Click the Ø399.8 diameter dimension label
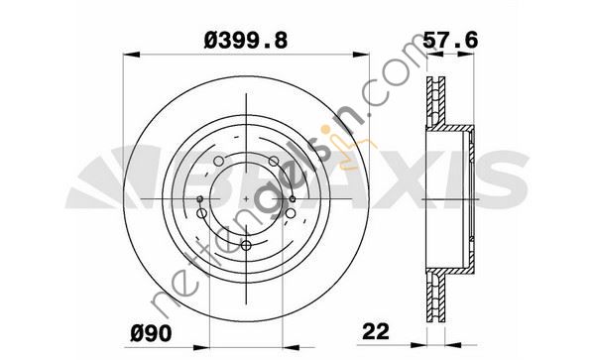coord(246,41)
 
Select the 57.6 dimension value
coord(450,41)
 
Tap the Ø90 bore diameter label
coord(151,334)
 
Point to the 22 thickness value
coord(376,331)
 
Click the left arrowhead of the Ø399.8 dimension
coord(132,55)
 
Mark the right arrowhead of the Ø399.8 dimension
coord(361,55)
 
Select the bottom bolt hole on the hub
coord(246,245)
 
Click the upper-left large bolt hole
coord(218,162)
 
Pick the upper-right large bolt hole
coord(274,162)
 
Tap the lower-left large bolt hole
coord(202,213)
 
